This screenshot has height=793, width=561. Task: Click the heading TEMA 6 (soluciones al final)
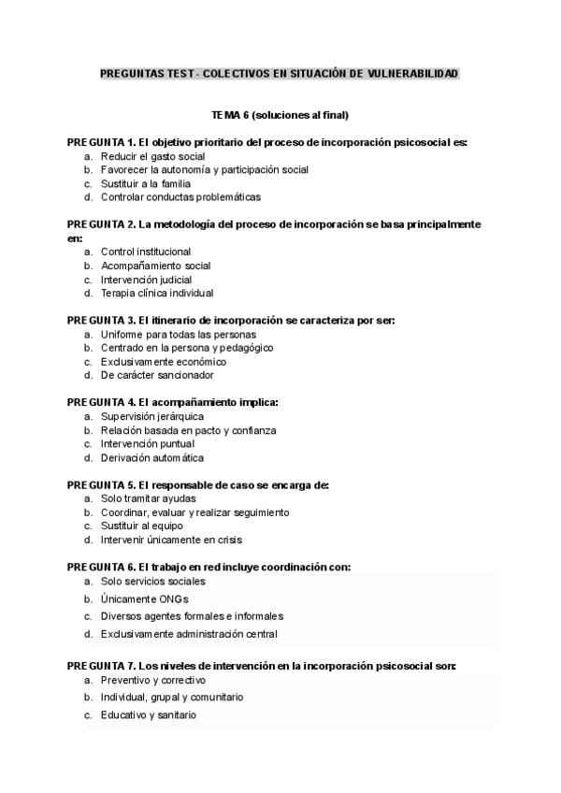pyautogui.click(x=280, y=115)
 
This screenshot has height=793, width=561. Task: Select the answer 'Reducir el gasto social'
pyautogui.click(x=152, y=156)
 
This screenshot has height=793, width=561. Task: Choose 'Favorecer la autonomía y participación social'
pyautogui.click(x=204, y=170)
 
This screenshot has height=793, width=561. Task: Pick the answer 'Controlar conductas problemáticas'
pyautogui.click(x=180, y=197)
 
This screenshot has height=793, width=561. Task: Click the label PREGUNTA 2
pyautogui.click(x=101, y=224)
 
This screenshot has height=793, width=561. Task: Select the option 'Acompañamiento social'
pyautogui.click(x=155, y=266)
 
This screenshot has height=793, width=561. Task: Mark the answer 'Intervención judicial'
pyautogui.click(x=146, y=280)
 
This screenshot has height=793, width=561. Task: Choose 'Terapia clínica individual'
pyautogui.click(x=157, y=294)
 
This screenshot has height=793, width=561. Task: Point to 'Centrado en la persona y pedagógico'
pyautogui.click(x=187, y=348)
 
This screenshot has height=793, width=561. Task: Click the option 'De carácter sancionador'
pyautogui.click(x=157, y=375)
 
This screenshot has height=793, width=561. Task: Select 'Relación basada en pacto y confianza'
pyautogui.click(x=188, y=430)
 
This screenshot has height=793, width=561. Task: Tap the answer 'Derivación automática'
pyautogui.click(x=151, y=458)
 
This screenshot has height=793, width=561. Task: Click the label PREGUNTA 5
pyautogui.click(x=101, y=485)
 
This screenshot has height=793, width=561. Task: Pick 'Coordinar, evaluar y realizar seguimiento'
pyautogui.click(x=194, y=512)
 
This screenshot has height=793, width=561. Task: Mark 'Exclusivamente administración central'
pyautogui.click(x=189, y=634)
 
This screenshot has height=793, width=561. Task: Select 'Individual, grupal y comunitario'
pyautogui.click(x=172, y=698)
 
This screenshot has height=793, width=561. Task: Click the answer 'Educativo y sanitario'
pyautogui.click(x=148, y=715)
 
